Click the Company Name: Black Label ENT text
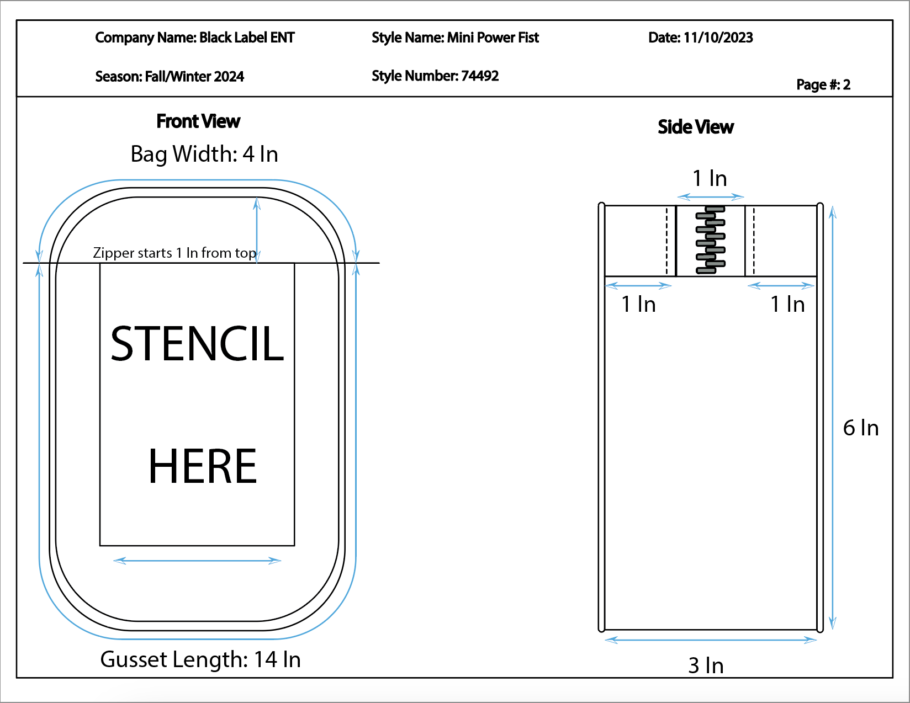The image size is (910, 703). [x=195, y=38]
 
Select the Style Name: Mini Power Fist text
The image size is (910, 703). [x=455, y=38]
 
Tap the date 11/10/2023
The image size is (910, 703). [x=718, y=38]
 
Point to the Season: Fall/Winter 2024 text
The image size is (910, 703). [x=170, y=77]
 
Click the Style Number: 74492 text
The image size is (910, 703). [x=435, y=76]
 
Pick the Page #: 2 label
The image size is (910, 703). [x=823, y=84]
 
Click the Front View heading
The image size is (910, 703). [x=198, y=121]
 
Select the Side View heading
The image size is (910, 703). [x=696, y=127]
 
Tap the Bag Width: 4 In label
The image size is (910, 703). [x=204, y=154]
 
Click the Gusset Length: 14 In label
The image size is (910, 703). [x=200, y=659]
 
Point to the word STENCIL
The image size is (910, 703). [x=197, y=344]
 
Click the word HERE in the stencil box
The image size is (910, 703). [x=203, y=466]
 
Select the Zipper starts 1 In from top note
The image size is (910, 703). [x=174, y=253]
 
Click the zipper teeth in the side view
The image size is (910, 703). [x=710, y=240]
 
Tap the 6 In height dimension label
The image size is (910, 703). [x=861, y=428]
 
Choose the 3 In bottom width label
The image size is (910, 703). [x=706, y=665]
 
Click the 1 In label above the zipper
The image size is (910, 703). [x=710, y=178]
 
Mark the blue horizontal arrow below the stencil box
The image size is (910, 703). [x=197, y=560]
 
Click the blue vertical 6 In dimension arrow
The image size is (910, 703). [x=833, y=418]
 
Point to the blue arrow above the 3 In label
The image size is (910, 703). [x=711, y=640]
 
